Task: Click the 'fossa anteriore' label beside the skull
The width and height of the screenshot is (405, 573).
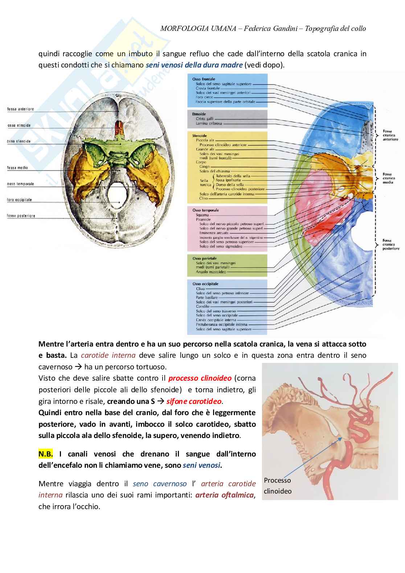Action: click(20, 109)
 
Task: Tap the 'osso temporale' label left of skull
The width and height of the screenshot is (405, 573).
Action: click(20, 184)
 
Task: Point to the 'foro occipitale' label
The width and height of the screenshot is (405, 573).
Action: click(20, 200)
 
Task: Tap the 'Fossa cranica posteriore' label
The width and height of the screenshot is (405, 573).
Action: click(390, 245)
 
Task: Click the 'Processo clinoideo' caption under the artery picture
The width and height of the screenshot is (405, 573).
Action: click(278, 486)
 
